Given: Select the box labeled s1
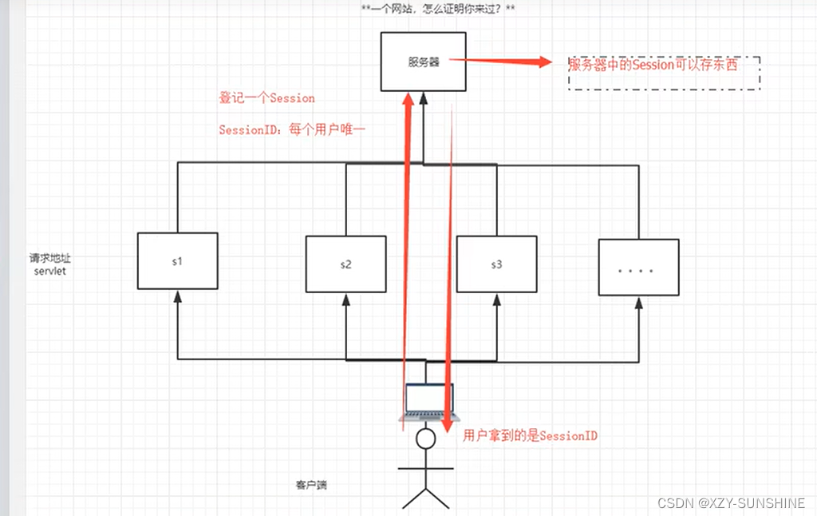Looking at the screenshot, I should click(177, 260).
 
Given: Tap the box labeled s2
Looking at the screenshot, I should click(345, 264).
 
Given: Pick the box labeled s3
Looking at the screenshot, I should click(495, 264).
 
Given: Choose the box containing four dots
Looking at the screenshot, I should click(639, 268).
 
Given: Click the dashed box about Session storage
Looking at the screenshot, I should click(664, 72).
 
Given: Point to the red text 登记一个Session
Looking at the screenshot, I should click(266, 98).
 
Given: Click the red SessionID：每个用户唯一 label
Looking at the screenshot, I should click(291, 129).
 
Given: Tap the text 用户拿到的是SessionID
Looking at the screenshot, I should click(531, 435).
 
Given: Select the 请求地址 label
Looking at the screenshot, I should click(50, 258).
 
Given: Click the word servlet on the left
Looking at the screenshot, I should click(49, 272).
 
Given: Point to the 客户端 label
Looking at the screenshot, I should click(311, 485).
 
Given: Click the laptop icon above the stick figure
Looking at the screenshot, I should click(428, 402).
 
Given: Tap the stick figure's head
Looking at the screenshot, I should click(427, 439).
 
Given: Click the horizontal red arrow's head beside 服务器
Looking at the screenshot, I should click(546, 62).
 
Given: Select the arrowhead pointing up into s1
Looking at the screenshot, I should click(177, 296).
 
